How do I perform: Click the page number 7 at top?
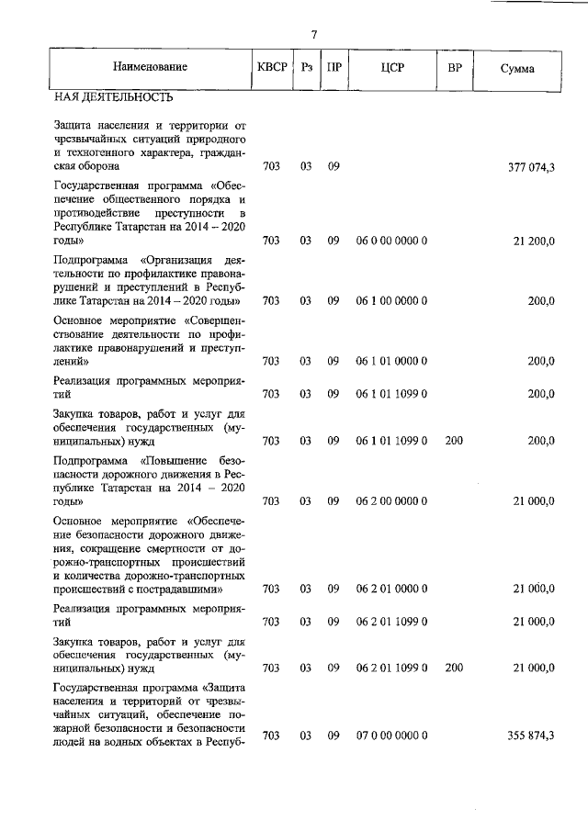(x=314, y=35)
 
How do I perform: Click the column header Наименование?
(x=150, y=68)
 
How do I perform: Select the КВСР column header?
(x=273, y=68)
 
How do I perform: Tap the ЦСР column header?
(x=391, y=68)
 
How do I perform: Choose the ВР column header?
(x=454, y=68)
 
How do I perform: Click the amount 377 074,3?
(x=531, y=167)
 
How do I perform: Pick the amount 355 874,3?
(x=531, y=736)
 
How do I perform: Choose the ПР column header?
(x=334, y=68)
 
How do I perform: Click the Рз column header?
(x=306, y=68)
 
